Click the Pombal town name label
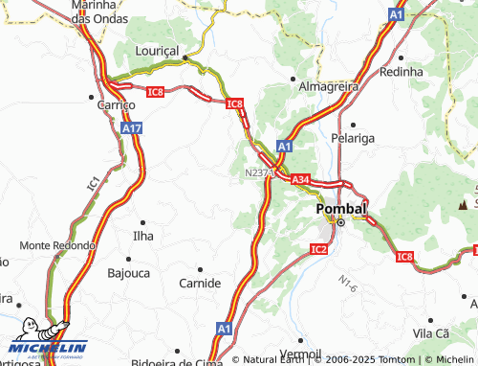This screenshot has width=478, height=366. point(341,208)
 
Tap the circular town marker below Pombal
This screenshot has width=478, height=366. point(339,222)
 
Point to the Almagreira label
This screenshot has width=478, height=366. point(325,85)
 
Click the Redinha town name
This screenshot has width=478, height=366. point(401,72)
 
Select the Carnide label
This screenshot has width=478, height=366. point(200,283)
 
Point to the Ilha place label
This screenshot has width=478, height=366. point(142,235)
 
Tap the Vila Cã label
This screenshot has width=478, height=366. point(430,332)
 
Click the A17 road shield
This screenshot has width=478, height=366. point(133,127)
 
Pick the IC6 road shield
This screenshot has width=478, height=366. point(155,91)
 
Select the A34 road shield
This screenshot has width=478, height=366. point(300,179)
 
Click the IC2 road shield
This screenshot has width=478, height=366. point(319,249)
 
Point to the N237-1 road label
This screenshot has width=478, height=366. point(257,173)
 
